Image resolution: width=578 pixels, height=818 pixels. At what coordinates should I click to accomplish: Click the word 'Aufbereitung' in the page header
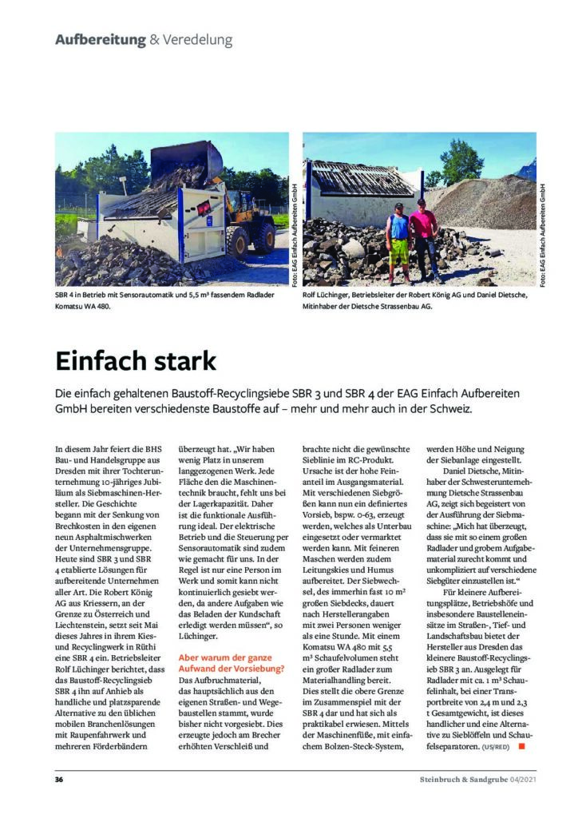coord(100,39)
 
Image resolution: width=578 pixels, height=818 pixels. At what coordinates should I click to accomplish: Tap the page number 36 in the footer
coord(59,779)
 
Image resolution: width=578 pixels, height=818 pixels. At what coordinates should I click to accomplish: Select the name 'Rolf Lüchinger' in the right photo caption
coord(327,296)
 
